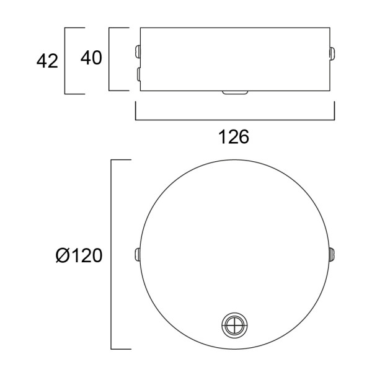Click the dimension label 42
pos(47,61)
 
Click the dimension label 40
pos(91,58)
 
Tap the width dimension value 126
pos(234,137)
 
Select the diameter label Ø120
pos(79,255)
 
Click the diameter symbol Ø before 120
pos(62,255)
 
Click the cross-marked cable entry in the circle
pos(234,325)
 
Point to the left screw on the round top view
pos(137,254)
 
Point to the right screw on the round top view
pos(332,254)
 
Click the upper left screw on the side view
pos(137,51)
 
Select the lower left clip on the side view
pos(138,74)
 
